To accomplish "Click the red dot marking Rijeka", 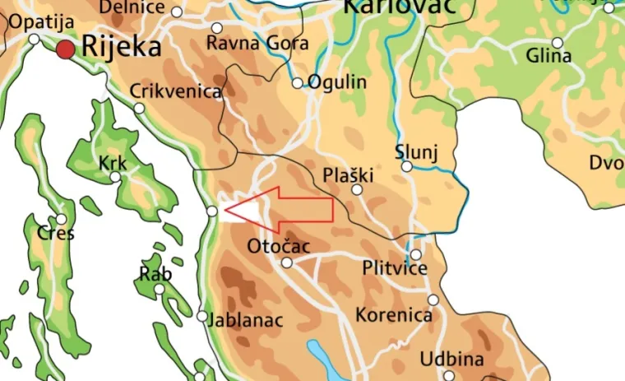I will (x=66, y=50).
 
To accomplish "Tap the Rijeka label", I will (x=121, y=48).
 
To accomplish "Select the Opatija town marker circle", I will (x=35, y=39).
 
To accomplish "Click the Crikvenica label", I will (x=176, y=91).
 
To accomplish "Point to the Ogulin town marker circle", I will (x=298, y=83).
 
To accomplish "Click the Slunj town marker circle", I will (x=407, y=167).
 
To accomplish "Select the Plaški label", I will (x=348, y=174).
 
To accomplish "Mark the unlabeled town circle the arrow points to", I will (x=212, y=211).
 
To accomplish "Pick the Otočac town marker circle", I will (x=287, y=263).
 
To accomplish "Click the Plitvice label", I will (x=395, y=269).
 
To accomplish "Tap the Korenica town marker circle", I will (x=433, y=300).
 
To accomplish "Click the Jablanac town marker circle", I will (x=202, y=316).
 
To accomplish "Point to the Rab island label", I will (x=155, y=274).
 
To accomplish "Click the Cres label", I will (x=55, y=234).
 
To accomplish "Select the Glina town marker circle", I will (x=558, y=43).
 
